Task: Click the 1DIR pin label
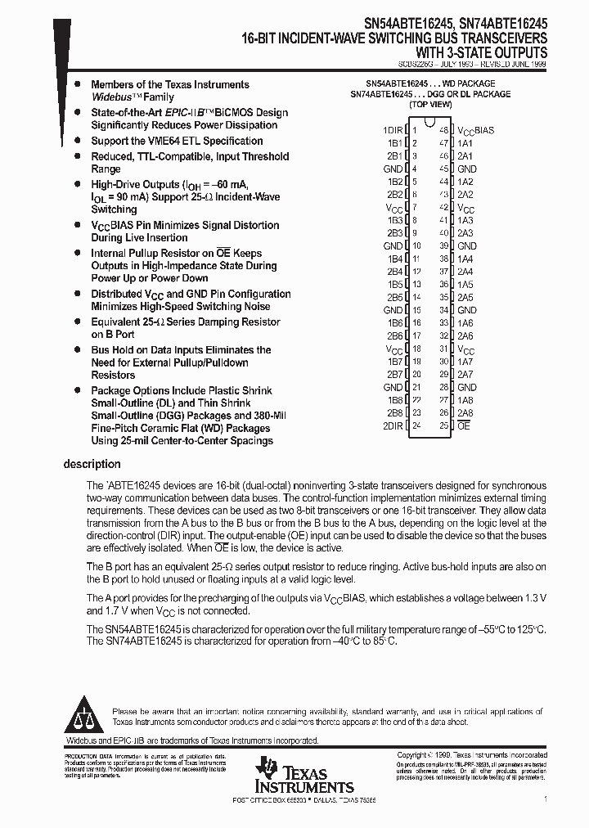pyautogui.click(x=393, y=130)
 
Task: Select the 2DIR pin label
pyautogui.click(x=393, y=425)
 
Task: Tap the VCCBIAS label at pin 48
pyautogui.click(x=475, y=131)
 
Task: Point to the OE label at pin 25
pyautogui.click(x=463, y=425)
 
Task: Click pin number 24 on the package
pyautogui.click(x=416, y=425)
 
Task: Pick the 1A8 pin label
pyautogui.click(x=465, y=400)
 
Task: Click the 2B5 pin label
pyautogui.click(x=395, y=297)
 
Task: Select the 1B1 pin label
pyautogui.click(x=395, y=143)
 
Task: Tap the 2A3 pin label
pyautogui.click(x=465, y=233)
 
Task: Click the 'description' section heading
pyautogui.click(x=92, y=464)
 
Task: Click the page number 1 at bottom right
pyautogui.click(x=546, y=797)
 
